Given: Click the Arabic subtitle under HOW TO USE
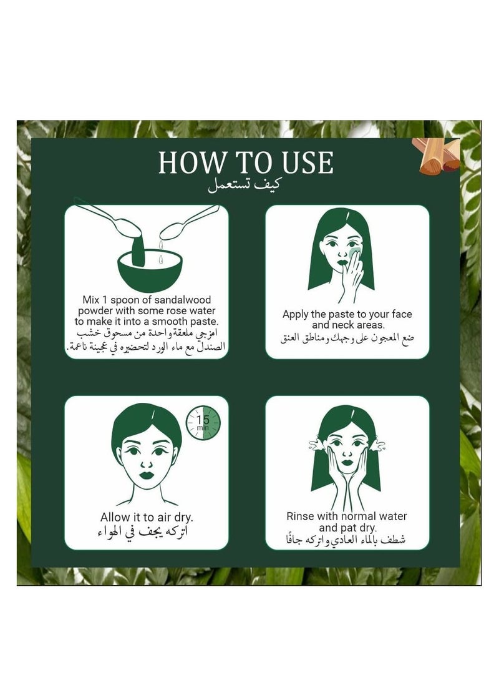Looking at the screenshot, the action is pyautogui.click(x=243, y=185).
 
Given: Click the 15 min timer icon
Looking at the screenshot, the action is pyautogui.click(x=203, y=423).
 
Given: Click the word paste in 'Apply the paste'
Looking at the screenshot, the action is pyautogui.click(x=341, y=315).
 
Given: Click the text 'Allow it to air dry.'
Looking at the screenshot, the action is pyautogui.click(x=147, y=518).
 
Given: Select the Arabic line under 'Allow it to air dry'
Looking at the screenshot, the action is pyautogui.click(x=143, y=532).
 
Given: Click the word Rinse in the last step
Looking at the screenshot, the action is pyautogui.click(x=299, y=516).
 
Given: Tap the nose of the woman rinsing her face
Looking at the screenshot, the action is pyautogui.click(x=346, y=454).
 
